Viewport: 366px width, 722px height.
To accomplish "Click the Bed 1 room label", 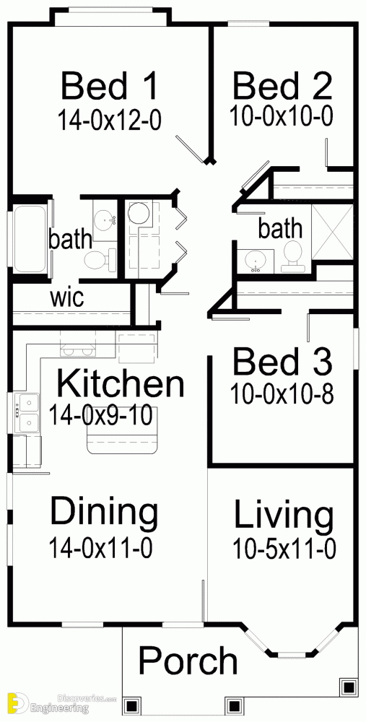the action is coord(110,86).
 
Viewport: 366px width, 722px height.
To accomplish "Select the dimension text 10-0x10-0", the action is coord(282,116).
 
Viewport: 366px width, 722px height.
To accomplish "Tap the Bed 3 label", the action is coord(282,362).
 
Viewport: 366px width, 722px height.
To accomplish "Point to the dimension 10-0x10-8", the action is coord(282,395).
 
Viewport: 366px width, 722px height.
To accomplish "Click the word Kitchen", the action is coord(120,385).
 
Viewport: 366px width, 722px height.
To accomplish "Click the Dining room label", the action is coord(104,511).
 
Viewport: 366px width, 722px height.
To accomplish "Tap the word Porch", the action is coord(188,661).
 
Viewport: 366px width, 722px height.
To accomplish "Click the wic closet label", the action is coord(67,297).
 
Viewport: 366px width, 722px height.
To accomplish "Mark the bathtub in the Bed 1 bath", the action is coord(30,240).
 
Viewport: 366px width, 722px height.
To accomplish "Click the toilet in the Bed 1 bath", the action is coord(100,260).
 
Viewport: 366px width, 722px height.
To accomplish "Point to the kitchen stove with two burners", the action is coord(78,350).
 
